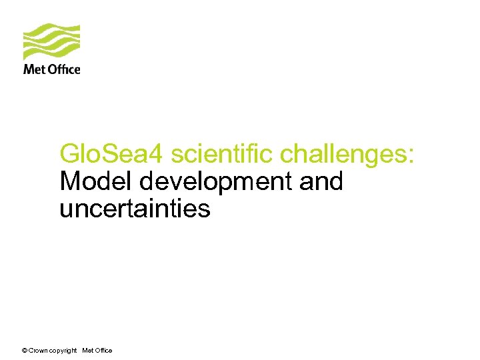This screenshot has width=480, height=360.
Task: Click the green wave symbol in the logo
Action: [51, 41]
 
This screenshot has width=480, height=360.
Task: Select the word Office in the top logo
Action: [64, 69]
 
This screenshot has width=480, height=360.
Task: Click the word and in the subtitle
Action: [321, 181]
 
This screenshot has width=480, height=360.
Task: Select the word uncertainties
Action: [135, 209]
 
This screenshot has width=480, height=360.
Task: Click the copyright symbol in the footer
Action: [25, 351]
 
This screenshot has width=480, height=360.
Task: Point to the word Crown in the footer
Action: [39, 351]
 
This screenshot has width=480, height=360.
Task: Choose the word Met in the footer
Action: [88, 351]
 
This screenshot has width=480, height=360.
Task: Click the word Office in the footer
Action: [103, 351]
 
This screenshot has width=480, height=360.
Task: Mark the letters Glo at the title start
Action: [77, 154]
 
